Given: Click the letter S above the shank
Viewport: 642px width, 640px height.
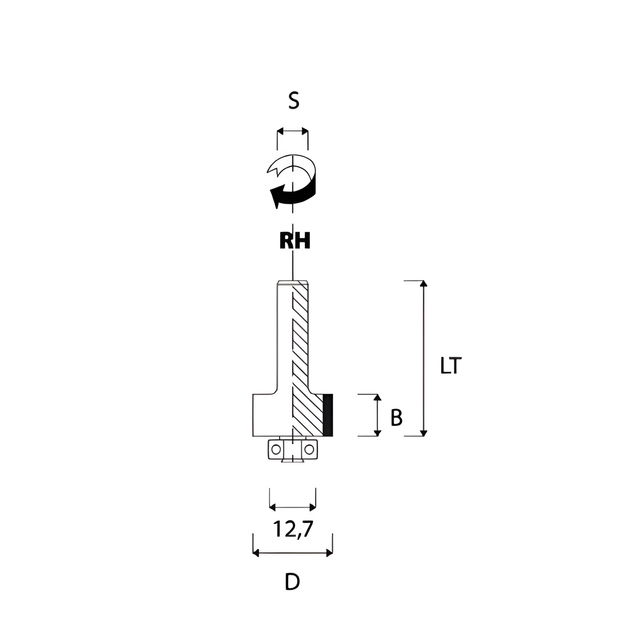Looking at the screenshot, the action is (x=294, y=101).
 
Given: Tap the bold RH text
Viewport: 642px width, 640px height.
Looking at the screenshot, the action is (x=295, y=241).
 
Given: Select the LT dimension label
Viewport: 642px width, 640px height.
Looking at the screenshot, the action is (x=451, y=365).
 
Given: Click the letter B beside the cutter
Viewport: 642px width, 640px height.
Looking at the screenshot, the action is (x=396, y=417).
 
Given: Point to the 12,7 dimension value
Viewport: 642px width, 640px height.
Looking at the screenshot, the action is (x=293, y=529).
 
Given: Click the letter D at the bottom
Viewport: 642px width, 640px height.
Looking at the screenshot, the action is (x=292, y=582).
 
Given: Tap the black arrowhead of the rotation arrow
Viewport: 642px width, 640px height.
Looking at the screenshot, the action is (x=276, y=197).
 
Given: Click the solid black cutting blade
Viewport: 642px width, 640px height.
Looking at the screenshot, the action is (x=328, y=415).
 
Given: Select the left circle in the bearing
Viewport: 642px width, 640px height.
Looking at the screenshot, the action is (x=276, y=450).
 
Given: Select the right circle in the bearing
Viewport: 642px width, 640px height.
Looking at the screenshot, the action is (x=309, y=450).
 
